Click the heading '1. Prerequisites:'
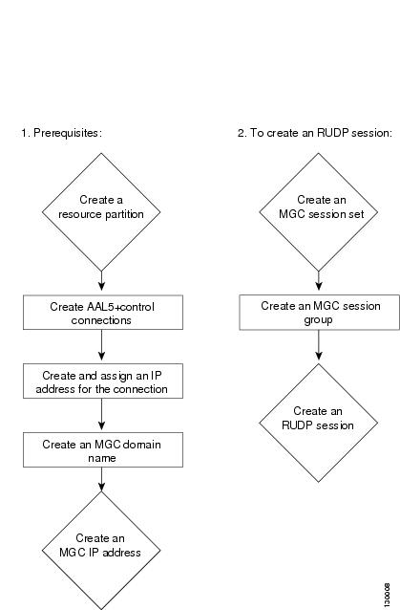coord(61,133)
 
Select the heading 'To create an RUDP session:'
coord(321,133)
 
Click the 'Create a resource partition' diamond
coord(101,212)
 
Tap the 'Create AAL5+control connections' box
coord(103,313)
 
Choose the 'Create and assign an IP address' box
coord(103,381)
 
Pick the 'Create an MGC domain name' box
coord(103,449)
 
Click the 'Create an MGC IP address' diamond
coord(101,551)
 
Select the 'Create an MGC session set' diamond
coord(319,212)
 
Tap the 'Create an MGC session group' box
coord(319,313)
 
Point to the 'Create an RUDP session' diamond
coord(319,423)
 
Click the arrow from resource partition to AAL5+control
coord(101,281)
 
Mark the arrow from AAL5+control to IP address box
coord(101,345)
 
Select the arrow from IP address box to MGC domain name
coord(101,414)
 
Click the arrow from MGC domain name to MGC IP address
coord(101,479)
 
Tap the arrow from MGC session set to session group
coord(319,281)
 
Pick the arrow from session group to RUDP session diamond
coord(319,345)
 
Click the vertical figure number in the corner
coord(387,595)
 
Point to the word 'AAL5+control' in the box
coord(120,307)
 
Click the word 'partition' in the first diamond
coord(123,214)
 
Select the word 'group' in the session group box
coord(318,320)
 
